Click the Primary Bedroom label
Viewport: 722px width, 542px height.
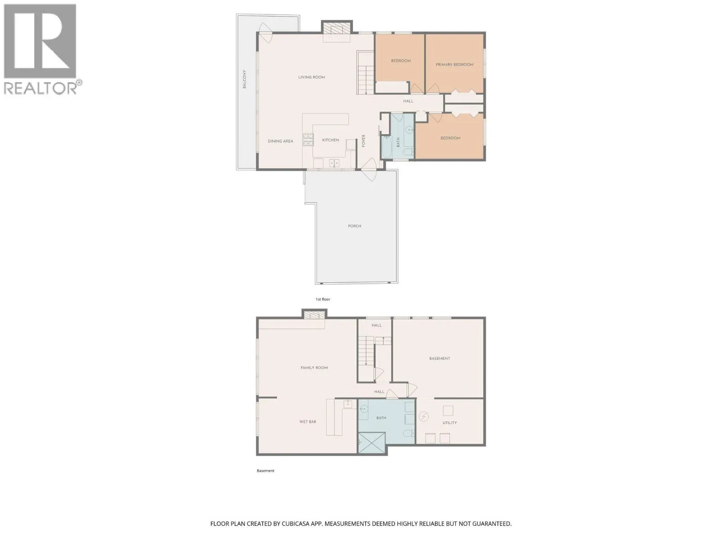pos(454,65)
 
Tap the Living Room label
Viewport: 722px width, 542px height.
pos(311,77)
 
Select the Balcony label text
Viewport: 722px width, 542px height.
pos(244,79)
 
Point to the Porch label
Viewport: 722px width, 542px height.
pos(355,226)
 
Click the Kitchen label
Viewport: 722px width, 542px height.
pos(330,140)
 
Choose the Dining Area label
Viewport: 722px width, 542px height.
pos(280,141)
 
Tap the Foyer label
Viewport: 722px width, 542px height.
pos(364,141)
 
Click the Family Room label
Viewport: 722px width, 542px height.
pos(314,368)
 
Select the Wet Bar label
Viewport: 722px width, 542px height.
pos(308,421)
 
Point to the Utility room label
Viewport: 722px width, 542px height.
pos(449,423)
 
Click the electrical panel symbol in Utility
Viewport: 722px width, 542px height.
pos(424,417)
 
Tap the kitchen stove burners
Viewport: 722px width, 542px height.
pos(308,140)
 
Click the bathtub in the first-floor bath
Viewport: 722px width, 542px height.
pos(386,146)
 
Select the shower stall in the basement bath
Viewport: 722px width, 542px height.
pos(371,443)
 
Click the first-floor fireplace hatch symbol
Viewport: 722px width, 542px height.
pos(337,28)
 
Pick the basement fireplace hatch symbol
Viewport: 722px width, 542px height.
pos(315,315)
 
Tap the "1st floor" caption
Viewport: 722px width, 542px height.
pos(323,299)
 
